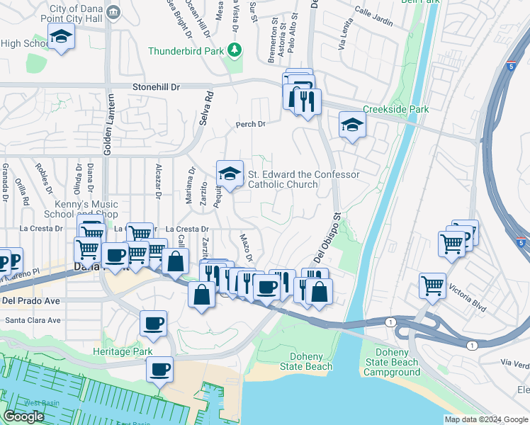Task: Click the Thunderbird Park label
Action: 186,51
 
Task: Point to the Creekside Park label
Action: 396,110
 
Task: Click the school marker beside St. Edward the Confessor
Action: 230,174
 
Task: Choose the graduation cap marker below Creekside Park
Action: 352,125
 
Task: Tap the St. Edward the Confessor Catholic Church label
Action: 303,179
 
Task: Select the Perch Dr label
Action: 250,124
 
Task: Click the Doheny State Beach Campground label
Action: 392,362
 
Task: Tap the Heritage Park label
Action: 123,351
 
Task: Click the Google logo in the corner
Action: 24,416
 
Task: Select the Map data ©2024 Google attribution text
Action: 486,419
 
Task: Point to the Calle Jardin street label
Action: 373,18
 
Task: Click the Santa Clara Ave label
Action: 33,320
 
